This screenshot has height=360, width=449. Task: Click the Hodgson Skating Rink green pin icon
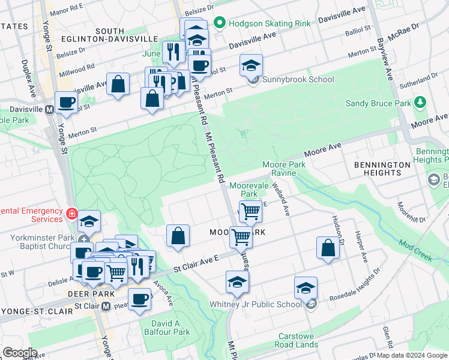coord(220,23)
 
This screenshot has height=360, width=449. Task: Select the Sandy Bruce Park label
coord(378,103)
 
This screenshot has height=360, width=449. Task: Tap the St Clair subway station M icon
coord(106,306)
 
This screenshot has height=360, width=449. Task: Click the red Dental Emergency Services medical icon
coord(71,213)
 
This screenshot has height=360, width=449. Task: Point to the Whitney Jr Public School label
coord(255,304)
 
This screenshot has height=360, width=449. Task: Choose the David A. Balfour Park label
coord(166,327)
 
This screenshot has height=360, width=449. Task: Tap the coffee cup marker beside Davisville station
coord(66,103)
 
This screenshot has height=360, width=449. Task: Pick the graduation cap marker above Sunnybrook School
coord(251,65)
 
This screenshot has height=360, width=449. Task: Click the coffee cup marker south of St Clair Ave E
coord(139,298)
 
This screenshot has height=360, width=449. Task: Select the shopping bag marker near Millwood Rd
coord(118,85)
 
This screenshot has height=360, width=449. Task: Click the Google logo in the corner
coord(20,352)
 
